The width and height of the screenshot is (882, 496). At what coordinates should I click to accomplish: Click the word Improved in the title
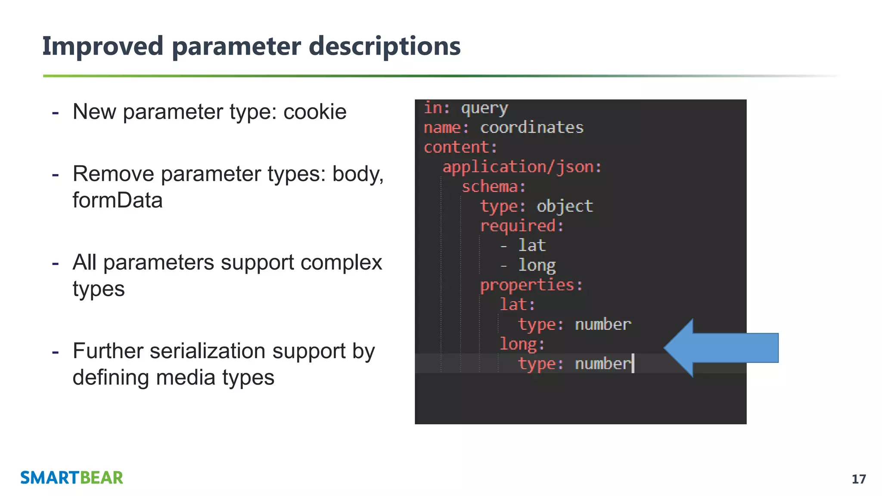(102, 46)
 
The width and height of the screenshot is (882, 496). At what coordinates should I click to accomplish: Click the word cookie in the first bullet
(315, 112)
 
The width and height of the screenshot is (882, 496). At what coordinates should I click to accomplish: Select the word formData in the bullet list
(117, 200)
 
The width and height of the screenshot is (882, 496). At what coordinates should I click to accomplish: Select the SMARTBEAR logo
(71, 478)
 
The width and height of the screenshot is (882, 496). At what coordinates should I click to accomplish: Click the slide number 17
(858, 479)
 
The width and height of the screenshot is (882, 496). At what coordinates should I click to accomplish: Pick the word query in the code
(484, 108)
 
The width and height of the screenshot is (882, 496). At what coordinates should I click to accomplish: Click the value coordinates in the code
(532, 128)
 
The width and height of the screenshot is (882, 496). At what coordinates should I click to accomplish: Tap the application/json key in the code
(522, 167)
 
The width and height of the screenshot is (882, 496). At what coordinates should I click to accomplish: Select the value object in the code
(565, 207)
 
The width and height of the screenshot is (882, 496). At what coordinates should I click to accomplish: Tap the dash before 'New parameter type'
(55, 113)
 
